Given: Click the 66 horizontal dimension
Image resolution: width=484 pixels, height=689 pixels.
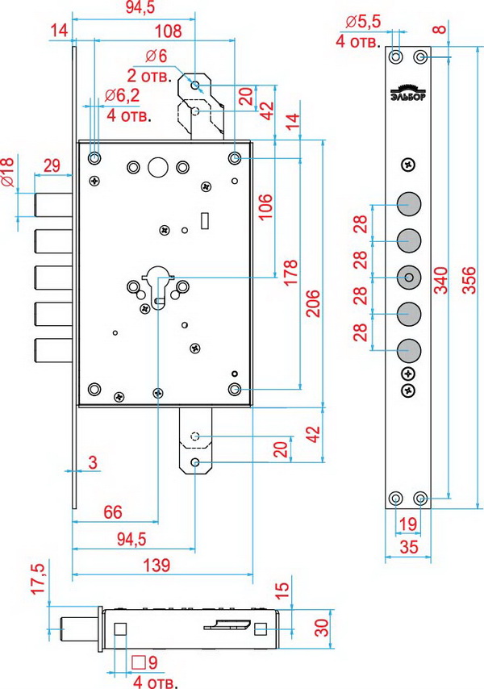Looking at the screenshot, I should point(113,512).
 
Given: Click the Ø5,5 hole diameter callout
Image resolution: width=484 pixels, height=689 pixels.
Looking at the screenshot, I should point(361,22).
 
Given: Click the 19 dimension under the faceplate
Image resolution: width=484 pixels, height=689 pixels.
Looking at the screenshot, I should point(407,524).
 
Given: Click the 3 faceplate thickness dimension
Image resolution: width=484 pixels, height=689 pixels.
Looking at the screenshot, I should point(93,462).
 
